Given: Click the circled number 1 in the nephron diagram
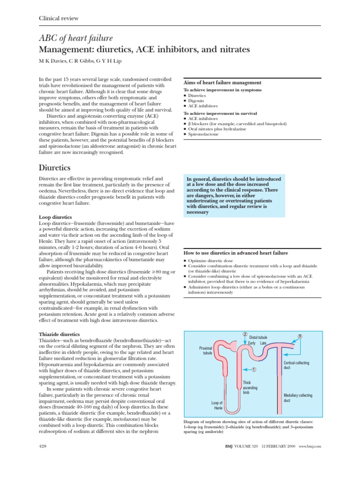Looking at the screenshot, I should point(254,369).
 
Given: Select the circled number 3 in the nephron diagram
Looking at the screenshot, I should point(300,337).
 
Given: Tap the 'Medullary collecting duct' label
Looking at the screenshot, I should point(298,398).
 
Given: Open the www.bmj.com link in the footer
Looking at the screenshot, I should point(309,447).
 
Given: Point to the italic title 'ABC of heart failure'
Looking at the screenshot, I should point(75,38).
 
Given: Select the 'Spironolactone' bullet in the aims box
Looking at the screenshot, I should point(202,135).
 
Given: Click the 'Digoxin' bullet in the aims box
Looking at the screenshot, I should point(196,101).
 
